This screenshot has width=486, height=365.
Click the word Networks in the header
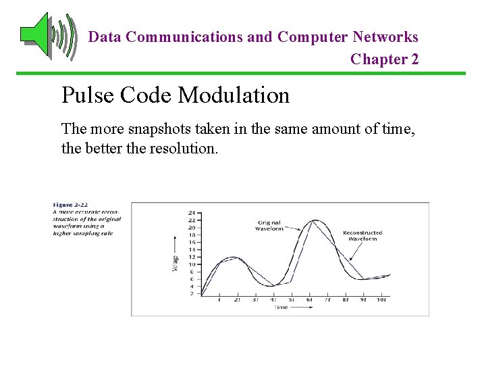click(385, 37)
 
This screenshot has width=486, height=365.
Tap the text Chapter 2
click(384, 59)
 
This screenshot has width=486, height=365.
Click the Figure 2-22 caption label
click(70, 205)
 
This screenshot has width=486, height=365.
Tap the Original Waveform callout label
click(269, 225)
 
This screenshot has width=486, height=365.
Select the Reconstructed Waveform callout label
click(362, 235)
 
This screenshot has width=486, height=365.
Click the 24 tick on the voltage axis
click(192, 213)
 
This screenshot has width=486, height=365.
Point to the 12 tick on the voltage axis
click(192, 257)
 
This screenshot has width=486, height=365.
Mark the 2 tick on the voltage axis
click(193, 294)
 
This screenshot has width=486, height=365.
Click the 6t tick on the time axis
click(309, 299)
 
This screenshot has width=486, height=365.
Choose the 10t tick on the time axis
click(381, 299)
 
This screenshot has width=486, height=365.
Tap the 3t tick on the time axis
click(254, 299)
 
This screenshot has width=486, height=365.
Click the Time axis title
click(281, 308)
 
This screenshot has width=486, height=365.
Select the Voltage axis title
click(175, 262)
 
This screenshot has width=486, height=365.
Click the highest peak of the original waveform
click(314, 220)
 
